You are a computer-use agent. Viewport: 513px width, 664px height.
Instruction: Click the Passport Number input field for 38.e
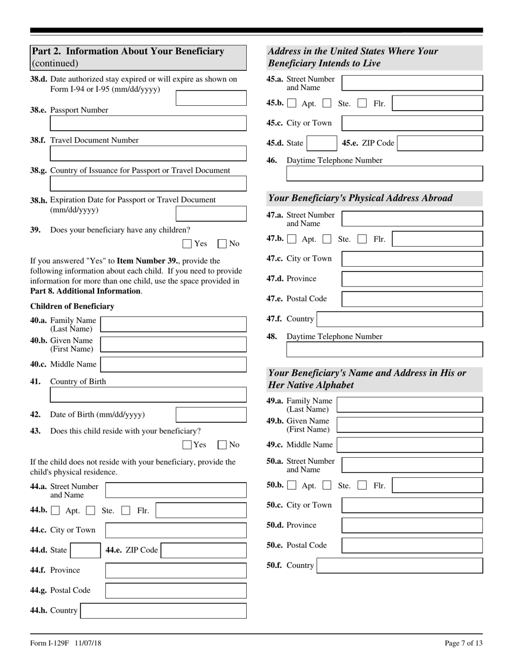tap(148, 124)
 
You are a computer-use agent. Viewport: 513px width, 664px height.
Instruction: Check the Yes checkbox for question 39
tap(187, 243)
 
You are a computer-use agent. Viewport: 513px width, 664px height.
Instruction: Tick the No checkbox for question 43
tap(222, 445)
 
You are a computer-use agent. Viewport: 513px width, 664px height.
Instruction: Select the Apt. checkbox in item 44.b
tap(56, 511)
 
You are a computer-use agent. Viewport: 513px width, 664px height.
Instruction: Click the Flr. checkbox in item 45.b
tap(362, 103)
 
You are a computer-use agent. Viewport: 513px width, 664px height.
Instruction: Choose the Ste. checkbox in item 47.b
tap(327, 239)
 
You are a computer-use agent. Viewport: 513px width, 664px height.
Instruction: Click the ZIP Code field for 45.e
tap(440, 143)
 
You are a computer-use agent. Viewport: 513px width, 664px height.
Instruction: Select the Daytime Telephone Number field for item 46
tap(384, 173)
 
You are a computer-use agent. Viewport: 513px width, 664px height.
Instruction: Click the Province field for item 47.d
tap(412, 279)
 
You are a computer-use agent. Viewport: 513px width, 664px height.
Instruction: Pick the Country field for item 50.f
tap(400, 565)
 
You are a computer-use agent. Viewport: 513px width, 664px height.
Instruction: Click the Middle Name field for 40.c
tap(173, 364)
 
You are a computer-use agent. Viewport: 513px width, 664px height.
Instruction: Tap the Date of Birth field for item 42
tap(211, 415)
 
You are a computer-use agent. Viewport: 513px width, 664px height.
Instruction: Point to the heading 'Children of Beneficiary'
tap(72, 306)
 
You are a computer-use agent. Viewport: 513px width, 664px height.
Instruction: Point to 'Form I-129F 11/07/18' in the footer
tap(66, 643)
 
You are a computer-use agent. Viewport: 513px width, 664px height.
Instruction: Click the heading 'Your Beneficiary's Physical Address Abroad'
tap(360, 198)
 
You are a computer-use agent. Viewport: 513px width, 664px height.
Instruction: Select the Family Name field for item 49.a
tap(409, 405)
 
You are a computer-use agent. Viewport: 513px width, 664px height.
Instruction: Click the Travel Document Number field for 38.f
tap(148, 154)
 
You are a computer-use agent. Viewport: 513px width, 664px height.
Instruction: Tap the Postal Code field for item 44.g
tap(175, 591)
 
